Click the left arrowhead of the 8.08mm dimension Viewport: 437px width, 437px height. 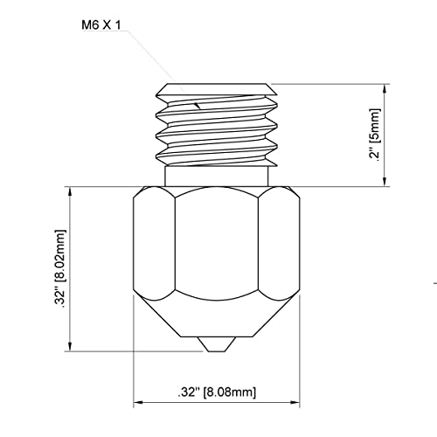point(138,405)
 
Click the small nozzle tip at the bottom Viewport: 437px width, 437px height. point(217,344)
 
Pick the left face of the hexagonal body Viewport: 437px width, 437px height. point(154,249)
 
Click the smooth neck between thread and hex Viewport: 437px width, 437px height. point(217,177)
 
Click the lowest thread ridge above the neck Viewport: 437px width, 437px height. point(217,158)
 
